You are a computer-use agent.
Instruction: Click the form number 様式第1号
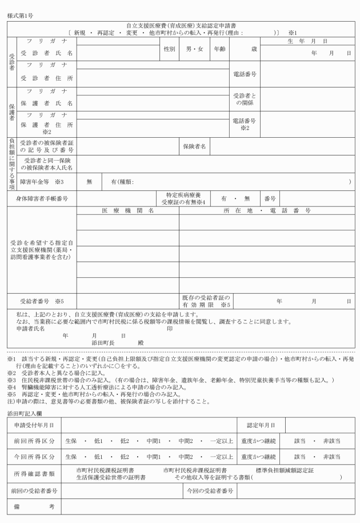[21, 14]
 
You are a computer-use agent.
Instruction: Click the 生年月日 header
[309, 41]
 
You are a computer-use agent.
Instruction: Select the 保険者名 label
[194, 146]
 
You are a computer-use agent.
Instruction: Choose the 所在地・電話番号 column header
[266, 211]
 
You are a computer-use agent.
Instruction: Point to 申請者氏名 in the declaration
[30, 329]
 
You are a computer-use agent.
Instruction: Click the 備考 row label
[34, 507]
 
